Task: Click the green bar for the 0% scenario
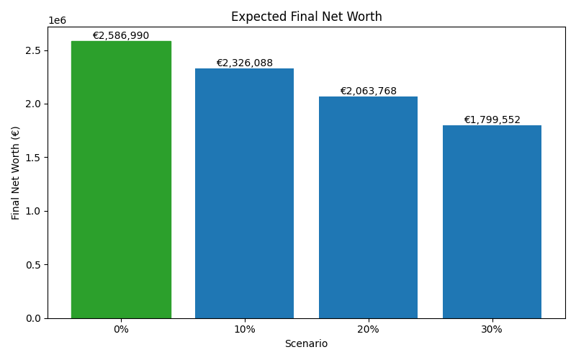(x=121, y=180)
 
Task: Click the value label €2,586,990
(x=121, y=35)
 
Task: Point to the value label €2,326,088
(x=244, y=63)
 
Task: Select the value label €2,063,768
(x=368, y=91)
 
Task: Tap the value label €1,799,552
(x=492, y=120)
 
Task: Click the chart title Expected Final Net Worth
(x=306, y=17)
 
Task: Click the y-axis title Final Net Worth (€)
(x=16, y=173)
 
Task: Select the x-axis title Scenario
(x=306, y=344)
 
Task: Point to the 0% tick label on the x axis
(x=121, y=329)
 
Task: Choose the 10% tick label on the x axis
(x=244, y=329)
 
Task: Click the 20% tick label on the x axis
(x=368, y=329)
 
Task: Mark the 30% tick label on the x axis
(x=492, y=329)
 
